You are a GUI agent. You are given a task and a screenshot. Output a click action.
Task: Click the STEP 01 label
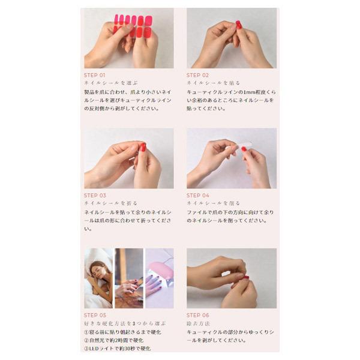pyautogui.click(x=95, y=75)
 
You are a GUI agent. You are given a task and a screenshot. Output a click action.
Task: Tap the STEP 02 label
pyautogui.click(x=198, y=75)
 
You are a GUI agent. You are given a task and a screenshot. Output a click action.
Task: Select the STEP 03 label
pyautogui.click(x=95, y=195)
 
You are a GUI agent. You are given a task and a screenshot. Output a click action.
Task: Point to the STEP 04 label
pyautogui.click(x=198, y=195)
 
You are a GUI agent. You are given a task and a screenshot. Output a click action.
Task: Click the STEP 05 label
pyautogui.click(x=95, y=315)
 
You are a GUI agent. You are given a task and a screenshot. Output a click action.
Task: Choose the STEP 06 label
pyautogui.click(x=198, y=315)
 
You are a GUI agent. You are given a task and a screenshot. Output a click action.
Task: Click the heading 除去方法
pyautogui.click(x=199, y=323)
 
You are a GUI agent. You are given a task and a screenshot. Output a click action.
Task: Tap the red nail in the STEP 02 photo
pyautogui.click(x=238, y=25)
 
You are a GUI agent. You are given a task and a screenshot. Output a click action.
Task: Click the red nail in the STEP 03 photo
pyautogui.click(x=143, y=147)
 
